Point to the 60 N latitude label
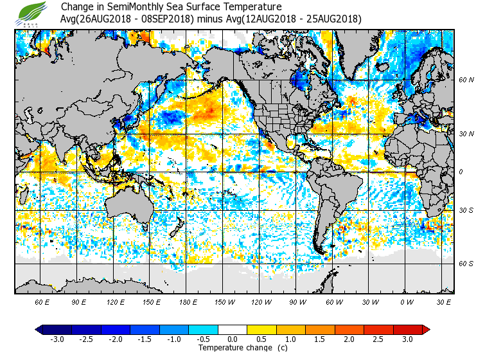pyautogui.click(x=466, y=80)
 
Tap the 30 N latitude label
pyautogui.click(x=466, y=134)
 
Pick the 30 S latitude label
pyautogui.click(x=466, y=210)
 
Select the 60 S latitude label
pyautogui.click(x=466, y=264)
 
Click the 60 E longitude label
pyautogui.click(x=42, y=301)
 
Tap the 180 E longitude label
pyautogui.click(x=188, y=301)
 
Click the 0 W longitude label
pyautogui.click(x=407, y=301)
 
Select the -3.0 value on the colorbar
pyautogui.click(x=57, y=339)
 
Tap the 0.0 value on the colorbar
pyautogui.click(x=233, y=339)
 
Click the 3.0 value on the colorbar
pyautogui.click(x=407, y=339)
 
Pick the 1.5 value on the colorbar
pyautogui.click(x=320, y=339)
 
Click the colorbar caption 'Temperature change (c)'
pyautogui.click(x=233, y=348)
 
